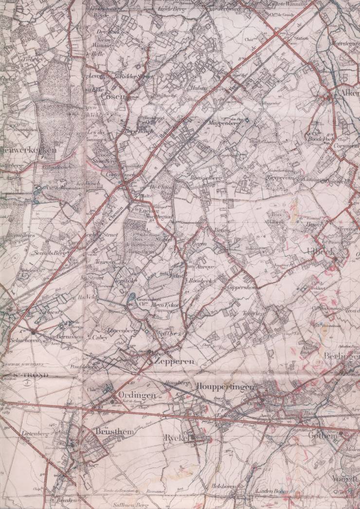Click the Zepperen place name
(174, 362)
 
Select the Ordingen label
(137, 395)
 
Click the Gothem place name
(322, 436)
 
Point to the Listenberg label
(33, 432)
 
